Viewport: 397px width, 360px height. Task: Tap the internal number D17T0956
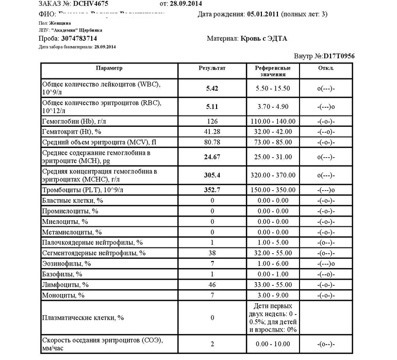339,56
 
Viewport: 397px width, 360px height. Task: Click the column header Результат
212,68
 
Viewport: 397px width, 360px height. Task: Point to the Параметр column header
109,68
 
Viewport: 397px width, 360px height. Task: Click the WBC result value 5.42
212,88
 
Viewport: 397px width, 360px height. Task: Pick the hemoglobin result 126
212,122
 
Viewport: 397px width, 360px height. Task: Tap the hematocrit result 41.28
212,133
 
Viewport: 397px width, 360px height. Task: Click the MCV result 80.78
212,143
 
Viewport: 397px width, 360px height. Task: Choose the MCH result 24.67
212,157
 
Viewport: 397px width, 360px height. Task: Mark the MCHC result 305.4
212,175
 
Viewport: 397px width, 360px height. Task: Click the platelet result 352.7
212,190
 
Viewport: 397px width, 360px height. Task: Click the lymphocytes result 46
212,285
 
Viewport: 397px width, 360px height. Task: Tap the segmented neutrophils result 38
212,253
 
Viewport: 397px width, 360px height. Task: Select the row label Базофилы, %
62,274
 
